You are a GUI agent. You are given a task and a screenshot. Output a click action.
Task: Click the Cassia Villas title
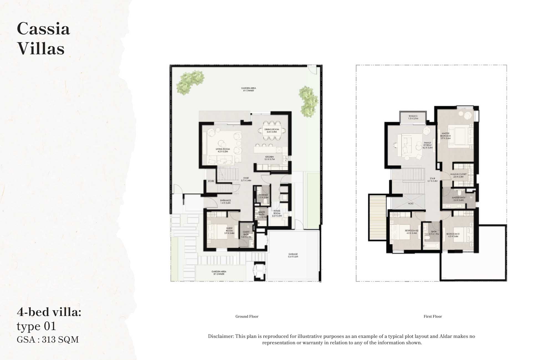[x=43, y=38]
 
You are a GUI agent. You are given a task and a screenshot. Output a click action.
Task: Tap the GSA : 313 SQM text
[x=48, y=340]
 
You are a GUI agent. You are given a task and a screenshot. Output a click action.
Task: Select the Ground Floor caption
[x=247, y=316]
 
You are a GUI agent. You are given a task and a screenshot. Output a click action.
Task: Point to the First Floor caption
[x=433, y=316]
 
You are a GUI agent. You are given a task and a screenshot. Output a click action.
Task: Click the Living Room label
[x=223, y=150]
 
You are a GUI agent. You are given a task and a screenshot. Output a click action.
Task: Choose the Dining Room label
[x=271, y=130]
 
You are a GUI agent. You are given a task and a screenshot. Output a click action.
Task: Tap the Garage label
[x=293, y=255]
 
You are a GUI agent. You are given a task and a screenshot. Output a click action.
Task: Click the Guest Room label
[x=229, y=231]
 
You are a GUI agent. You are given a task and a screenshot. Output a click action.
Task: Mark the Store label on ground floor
[x=211, y=181]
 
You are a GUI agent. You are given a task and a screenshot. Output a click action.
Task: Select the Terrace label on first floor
[x=413, y=117]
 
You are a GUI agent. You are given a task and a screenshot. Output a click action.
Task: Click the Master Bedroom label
[x=446, y=136]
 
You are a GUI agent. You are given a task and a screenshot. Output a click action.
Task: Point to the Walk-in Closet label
[x=458, y=175]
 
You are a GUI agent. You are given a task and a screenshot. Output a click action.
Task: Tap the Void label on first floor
[x=411, y=204]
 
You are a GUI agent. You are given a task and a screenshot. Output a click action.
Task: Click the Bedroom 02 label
[x=412, y=232]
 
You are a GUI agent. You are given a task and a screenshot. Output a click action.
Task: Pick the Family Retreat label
[x=427, y=145]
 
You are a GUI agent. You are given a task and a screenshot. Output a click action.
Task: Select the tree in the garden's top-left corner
[x=190, y=82]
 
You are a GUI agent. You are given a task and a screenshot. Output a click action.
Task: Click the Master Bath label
[x=458, y=199]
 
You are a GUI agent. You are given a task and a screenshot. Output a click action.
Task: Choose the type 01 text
[x=36, y=326]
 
